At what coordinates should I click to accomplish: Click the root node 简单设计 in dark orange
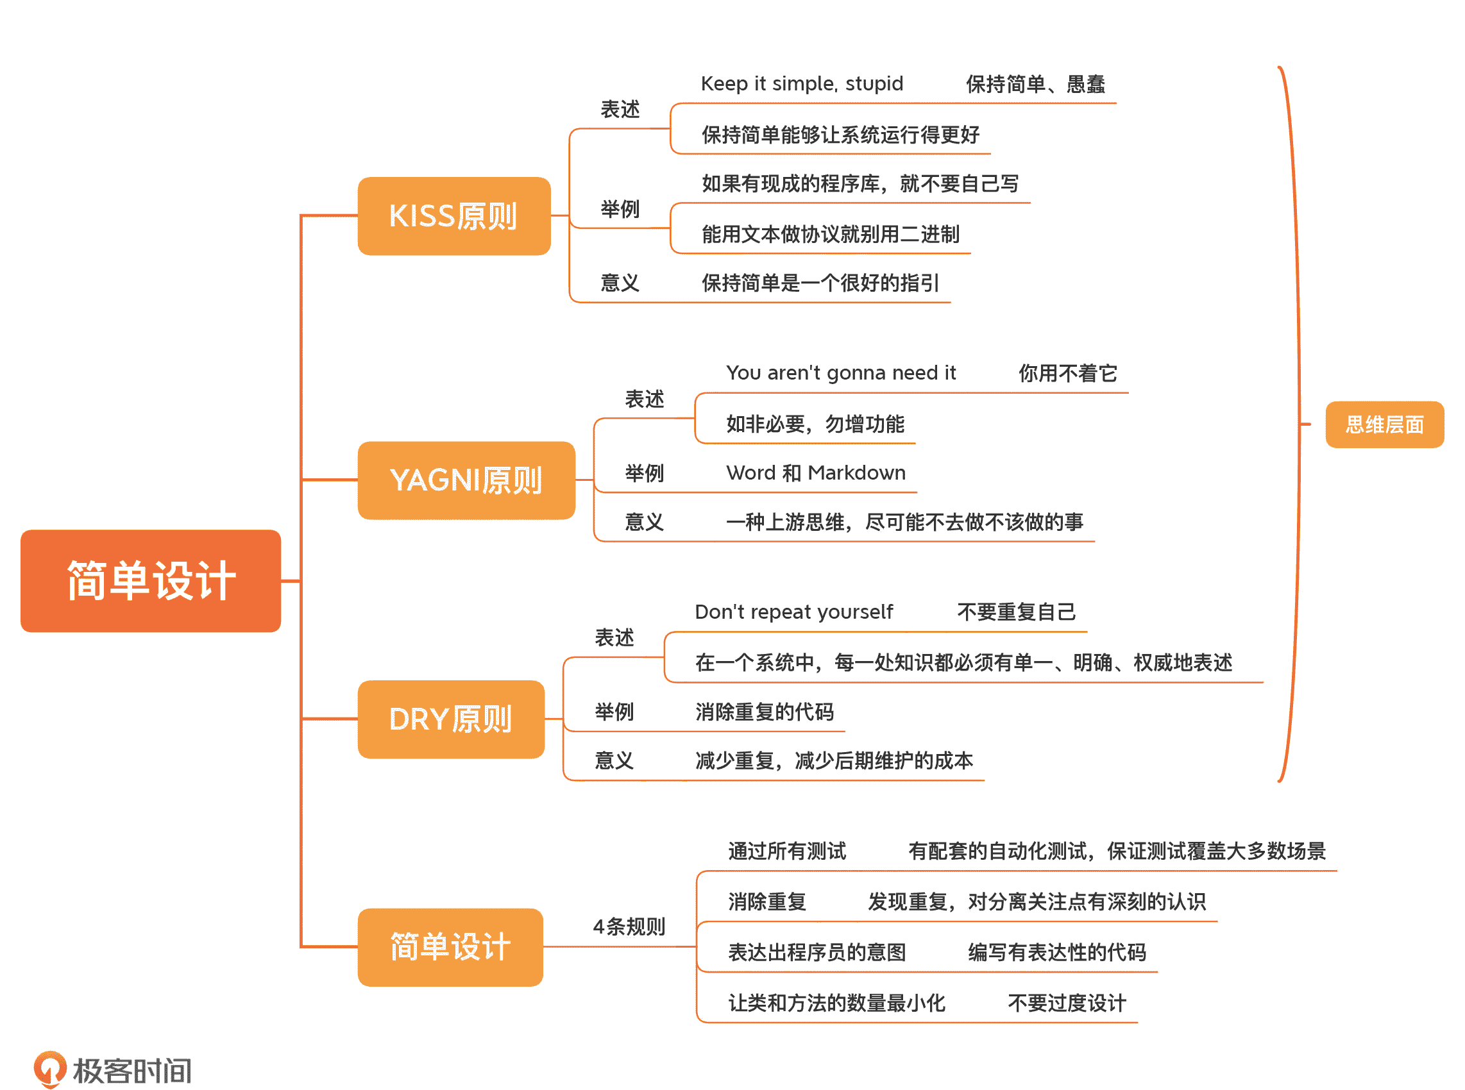coord(151,581)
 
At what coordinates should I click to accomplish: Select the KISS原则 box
coord(453,216)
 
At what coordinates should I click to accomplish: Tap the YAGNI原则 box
coord(466,480)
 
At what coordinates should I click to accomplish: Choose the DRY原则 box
coord(451,719)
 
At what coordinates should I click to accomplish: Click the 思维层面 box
coord(1384,424)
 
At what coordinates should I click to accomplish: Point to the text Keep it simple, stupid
coord(801,84)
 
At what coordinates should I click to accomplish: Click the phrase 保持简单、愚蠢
coord(1035,84)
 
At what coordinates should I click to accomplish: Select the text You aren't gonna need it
coord(840,373)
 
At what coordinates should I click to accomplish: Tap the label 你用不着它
coord(1067,373)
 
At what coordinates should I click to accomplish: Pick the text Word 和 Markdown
coord(815,473)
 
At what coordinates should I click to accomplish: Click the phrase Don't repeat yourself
coord(793,612)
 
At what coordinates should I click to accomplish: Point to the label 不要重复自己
coord(1015,612)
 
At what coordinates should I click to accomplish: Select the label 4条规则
coord(628,927)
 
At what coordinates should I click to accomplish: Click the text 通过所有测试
coord(786,851)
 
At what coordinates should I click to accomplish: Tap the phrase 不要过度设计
coord(1066,1003)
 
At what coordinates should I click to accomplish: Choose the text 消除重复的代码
coord(764,712)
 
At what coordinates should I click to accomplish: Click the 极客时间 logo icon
coord(50,1068)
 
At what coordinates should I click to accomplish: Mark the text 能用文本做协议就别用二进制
coord(829,234)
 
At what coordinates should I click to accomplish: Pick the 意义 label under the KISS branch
coord(619,283)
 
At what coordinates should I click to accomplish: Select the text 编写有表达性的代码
coord(1056,952)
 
